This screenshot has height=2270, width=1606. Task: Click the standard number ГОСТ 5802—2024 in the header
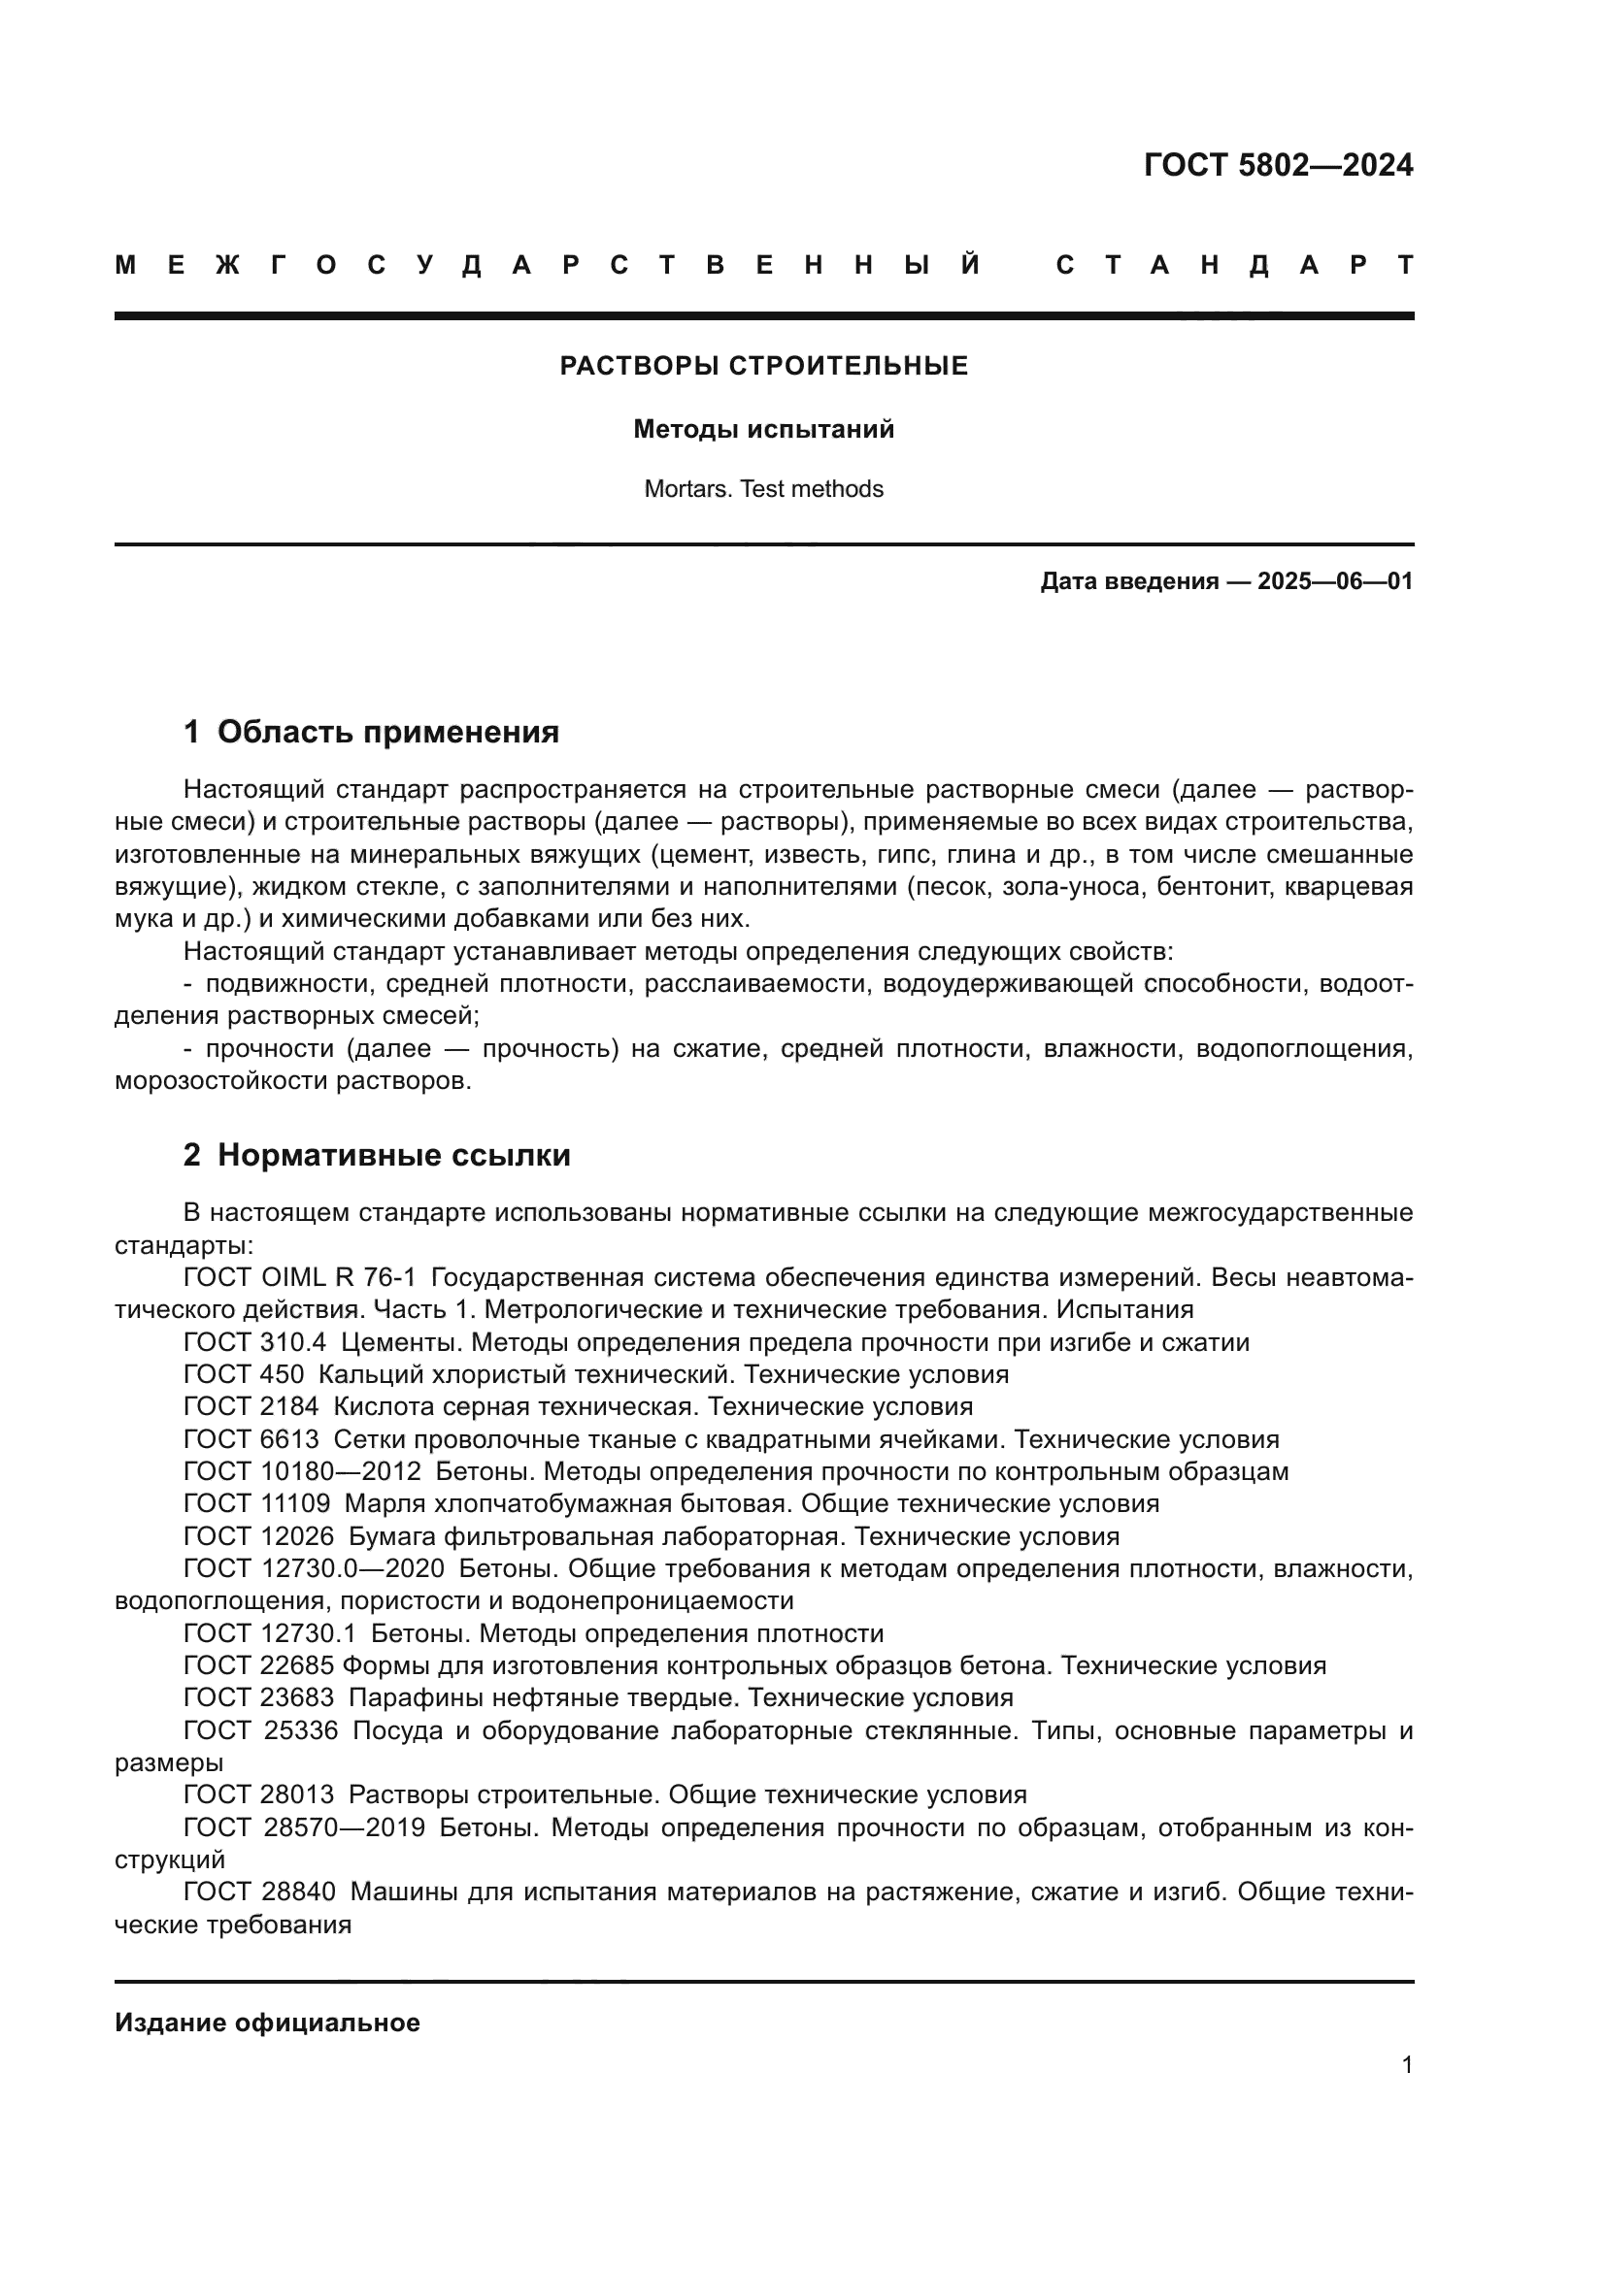coord(1278,165)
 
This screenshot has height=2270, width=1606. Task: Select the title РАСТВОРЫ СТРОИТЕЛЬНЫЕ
coord(763,366)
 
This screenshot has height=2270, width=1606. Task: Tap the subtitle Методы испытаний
coord(763,429)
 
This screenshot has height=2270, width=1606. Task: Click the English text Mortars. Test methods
coord(763,489)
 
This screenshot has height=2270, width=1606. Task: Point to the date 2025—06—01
coord(1335,581)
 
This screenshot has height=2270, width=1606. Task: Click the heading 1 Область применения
coord(371,733)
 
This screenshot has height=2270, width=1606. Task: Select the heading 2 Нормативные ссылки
coord(377,1155)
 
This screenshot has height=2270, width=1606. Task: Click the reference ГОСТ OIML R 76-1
coord(300,1277)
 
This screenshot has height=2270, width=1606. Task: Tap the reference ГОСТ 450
coord(245,1374)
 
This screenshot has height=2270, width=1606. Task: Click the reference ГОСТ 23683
coord(259,1697)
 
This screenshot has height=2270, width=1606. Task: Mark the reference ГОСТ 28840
coord(259,1892)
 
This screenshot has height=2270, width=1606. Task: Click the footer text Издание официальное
coord(267,2023)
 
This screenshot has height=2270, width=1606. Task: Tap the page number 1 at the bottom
coord(1406,2064)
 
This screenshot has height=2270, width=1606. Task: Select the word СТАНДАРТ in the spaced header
coord(1234,266)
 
